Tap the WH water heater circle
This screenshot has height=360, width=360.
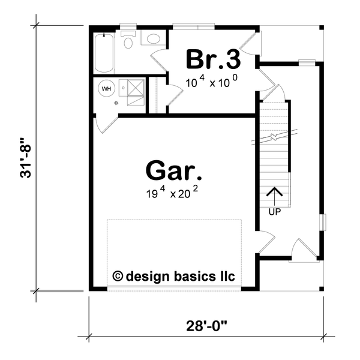coord(106,89)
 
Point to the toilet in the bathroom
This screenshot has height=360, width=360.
coord(128,41)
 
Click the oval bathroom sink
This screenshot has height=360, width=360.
coord(153,39)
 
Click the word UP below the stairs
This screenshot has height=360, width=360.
coord(274,212)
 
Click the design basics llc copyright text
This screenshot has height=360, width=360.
coord(174,276)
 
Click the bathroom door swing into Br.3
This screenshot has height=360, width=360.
coord(160,61)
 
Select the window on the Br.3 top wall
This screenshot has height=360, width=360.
coord(193,26)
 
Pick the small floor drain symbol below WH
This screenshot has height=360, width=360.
coord(117,103)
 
